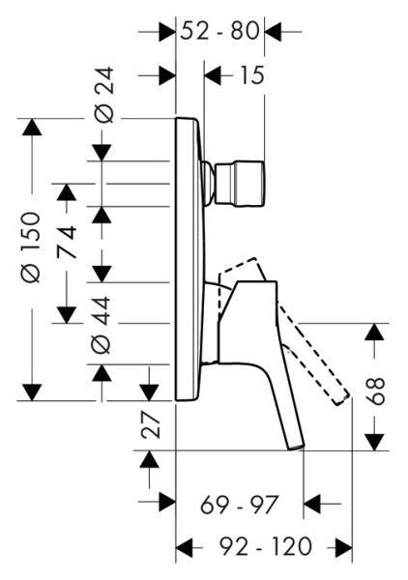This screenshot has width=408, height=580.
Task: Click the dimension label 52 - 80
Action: coord(219,31)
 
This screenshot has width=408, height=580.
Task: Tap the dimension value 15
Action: coord(250,74)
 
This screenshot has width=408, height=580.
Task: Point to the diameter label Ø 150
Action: coord(32,246)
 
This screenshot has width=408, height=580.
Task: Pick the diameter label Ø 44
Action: coord(102,324)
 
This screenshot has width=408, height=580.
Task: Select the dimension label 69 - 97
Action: coord(240,504)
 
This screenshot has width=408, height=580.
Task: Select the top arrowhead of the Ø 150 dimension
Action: coord(33,127)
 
